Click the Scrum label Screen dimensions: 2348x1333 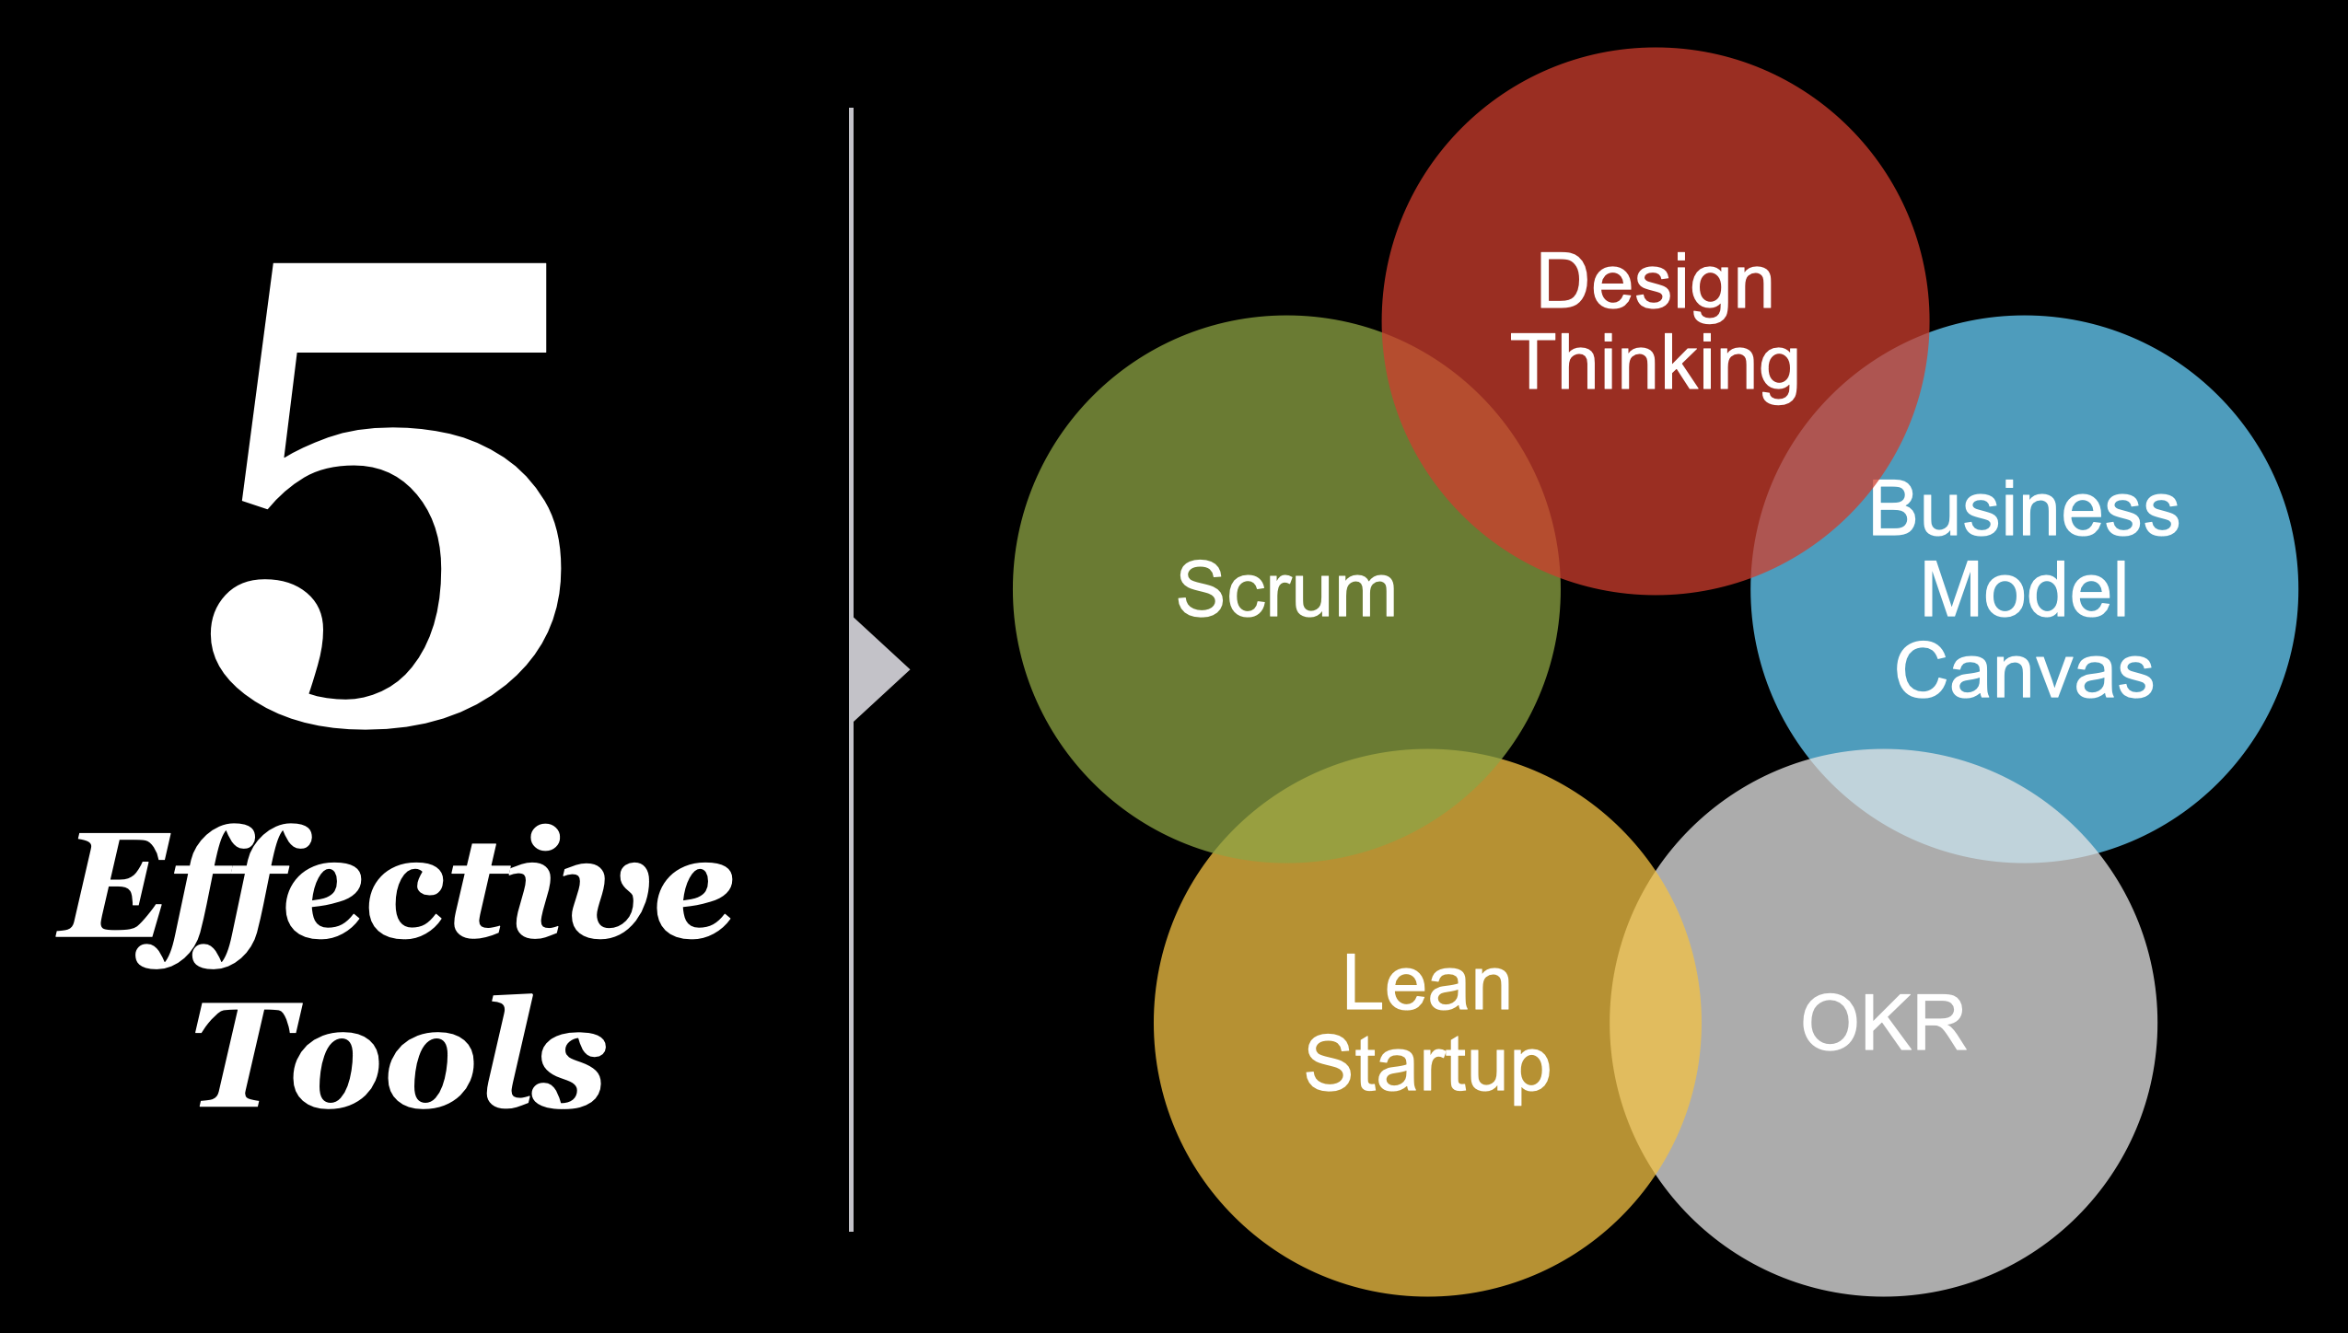pyautogui.click(x=1286, y=590)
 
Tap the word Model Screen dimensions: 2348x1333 pyautogui.click(x=2024, y=590)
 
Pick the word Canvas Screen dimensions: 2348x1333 pyautogui.click(x=2024, y=671)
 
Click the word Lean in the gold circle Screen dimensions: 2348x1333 pyautogui.click(x=1427, y=984)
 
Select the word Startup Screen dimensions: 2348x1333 pyautogui.click(x=1428, y=1065)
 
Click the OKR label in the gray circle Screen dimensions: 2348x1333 pyautogui.click(x=1884, y=1023)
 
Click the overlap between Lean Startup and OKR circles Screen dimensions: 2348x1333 pyautogui.click(x=1656, y=1023)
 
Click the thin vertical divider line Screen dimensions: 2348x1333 pyautogui.click(x=851, y=669)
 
